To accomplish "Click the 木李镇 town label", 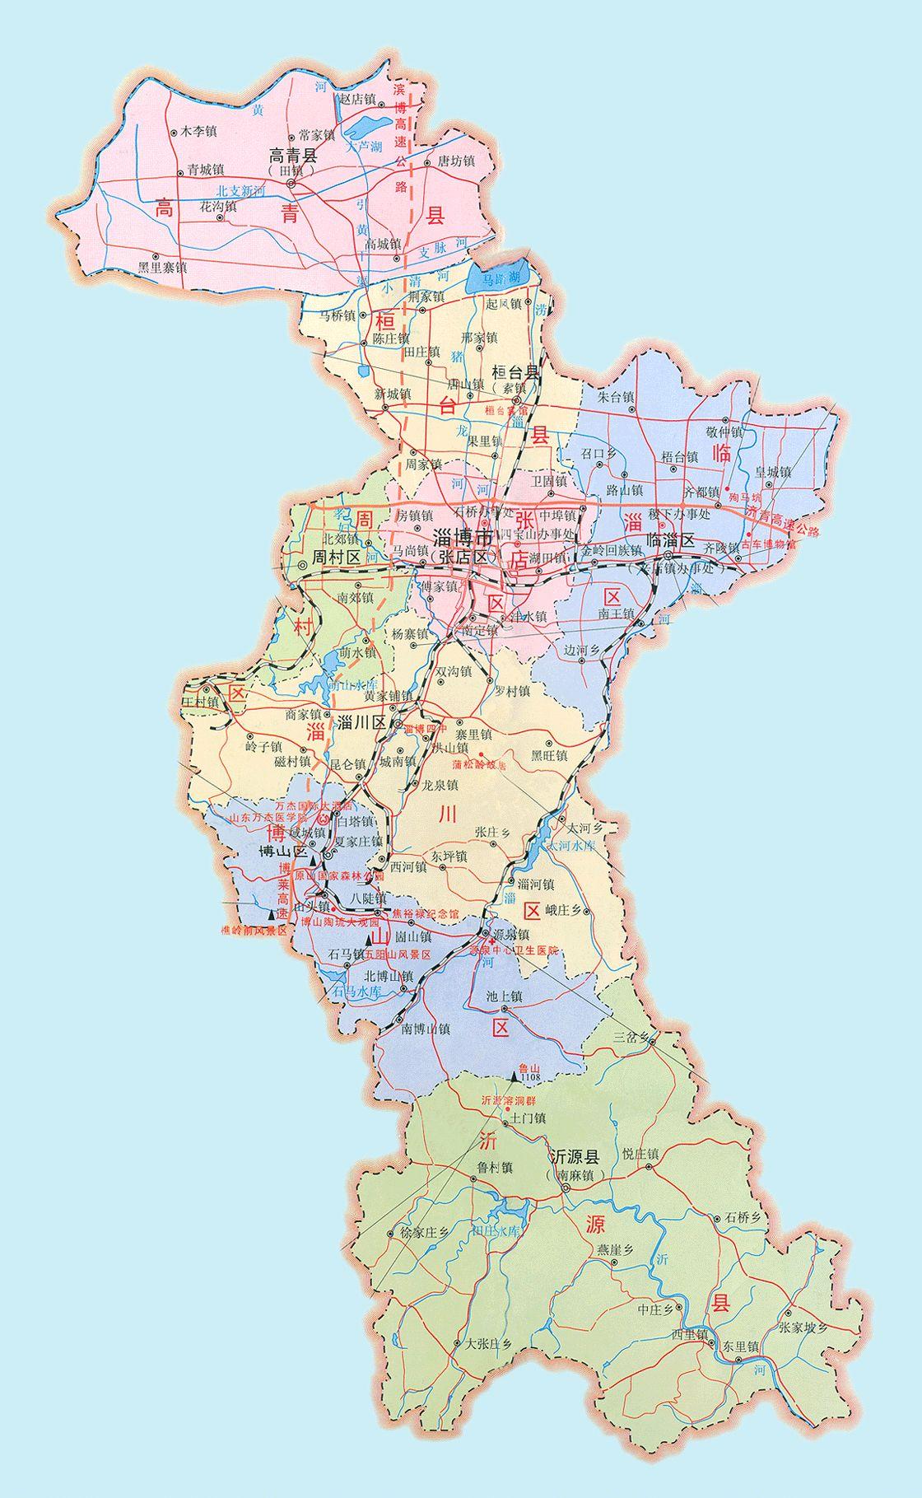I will tap(198, 131).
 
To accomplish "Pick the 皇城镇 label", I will tap(772, 473).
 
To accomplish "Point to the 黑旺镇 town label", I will tap(548, 754).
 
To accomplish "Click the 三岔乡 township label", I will tap(631, 1036).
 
